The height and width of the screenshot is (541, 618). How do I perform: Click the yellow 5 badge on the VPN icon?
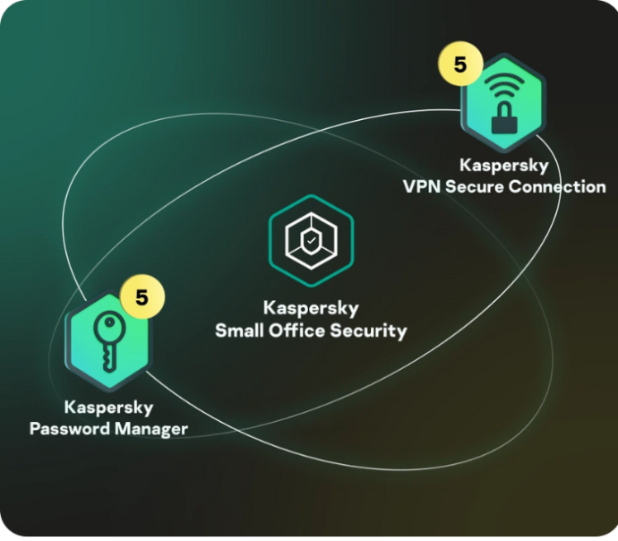click(x=460, y=65)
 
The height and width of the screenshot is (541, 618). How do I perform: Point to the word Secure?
click(x=477, y=187)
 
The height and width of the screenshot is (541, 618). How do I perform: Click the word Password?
click(x=69, y=428)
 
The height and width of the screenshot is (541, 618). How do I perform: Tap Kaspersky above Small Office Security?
click(x=311, y=308)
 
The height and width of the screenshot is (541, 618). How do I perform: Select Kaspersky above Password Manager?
click(x=108, y=407)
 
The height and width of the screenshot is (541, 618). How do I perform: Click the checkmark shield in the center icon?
click(x=311, y=241)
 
